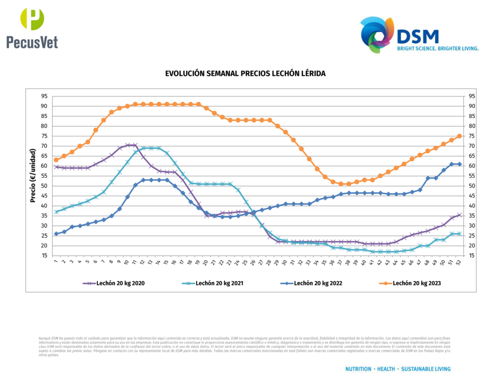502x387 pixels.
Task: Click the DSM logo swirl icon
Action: point(376,35)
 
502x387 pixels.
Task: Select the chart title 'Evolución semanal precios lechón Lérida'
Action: point(245,73)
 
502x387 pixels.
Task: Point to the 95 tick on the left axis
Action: point(44,96)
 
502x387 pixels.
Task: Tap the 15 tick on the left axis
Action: point(44,256)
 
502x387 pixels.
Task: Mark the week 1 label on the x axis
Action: point(56,262)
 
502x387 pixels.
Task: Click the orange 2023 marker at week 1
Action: point(56,160)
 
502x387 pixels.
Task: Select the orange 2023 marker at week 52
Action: point(459,136)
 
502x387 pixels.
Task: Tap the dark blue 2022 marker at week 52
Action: point(459,164)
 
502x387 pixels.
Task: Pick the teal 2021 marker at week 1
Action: point(56,212)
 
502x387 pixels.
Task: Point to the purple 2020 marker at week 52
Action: point(459,215)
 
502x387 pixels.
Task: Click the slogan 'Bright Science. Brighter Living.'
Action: point(438,49)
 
